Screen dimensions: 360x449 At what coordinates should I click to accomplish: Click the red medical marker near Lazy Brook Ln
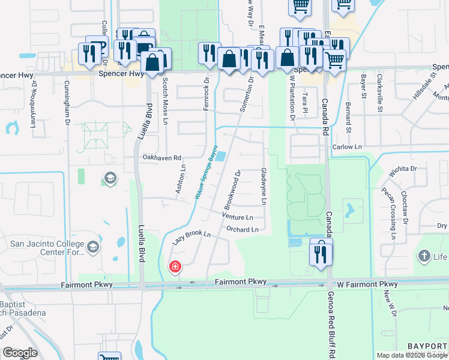[175, 266]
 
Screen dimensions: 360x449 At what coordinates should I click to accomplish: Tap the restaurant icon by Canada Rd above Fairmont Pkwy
[321, 252]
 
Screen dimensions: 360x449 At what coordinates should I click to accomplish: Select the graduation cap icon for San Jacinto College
[93, 247]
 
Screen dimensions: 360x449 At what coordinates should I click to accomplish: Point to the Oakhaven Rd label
[161, 158]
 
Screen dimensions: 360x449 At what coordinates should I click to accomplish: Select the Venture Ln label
[237, 217]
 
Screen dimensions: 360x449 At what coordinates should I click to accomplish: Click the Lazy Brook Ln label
[193, 237]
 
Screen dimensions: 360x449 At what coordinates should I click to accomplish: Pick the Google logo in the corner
[20, 353]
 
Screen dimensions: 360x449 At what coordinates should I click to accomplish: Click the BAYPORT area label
[427, 346]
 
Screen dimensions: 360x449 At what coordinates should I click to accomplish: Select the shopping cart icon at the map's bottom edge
[109, 356]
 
